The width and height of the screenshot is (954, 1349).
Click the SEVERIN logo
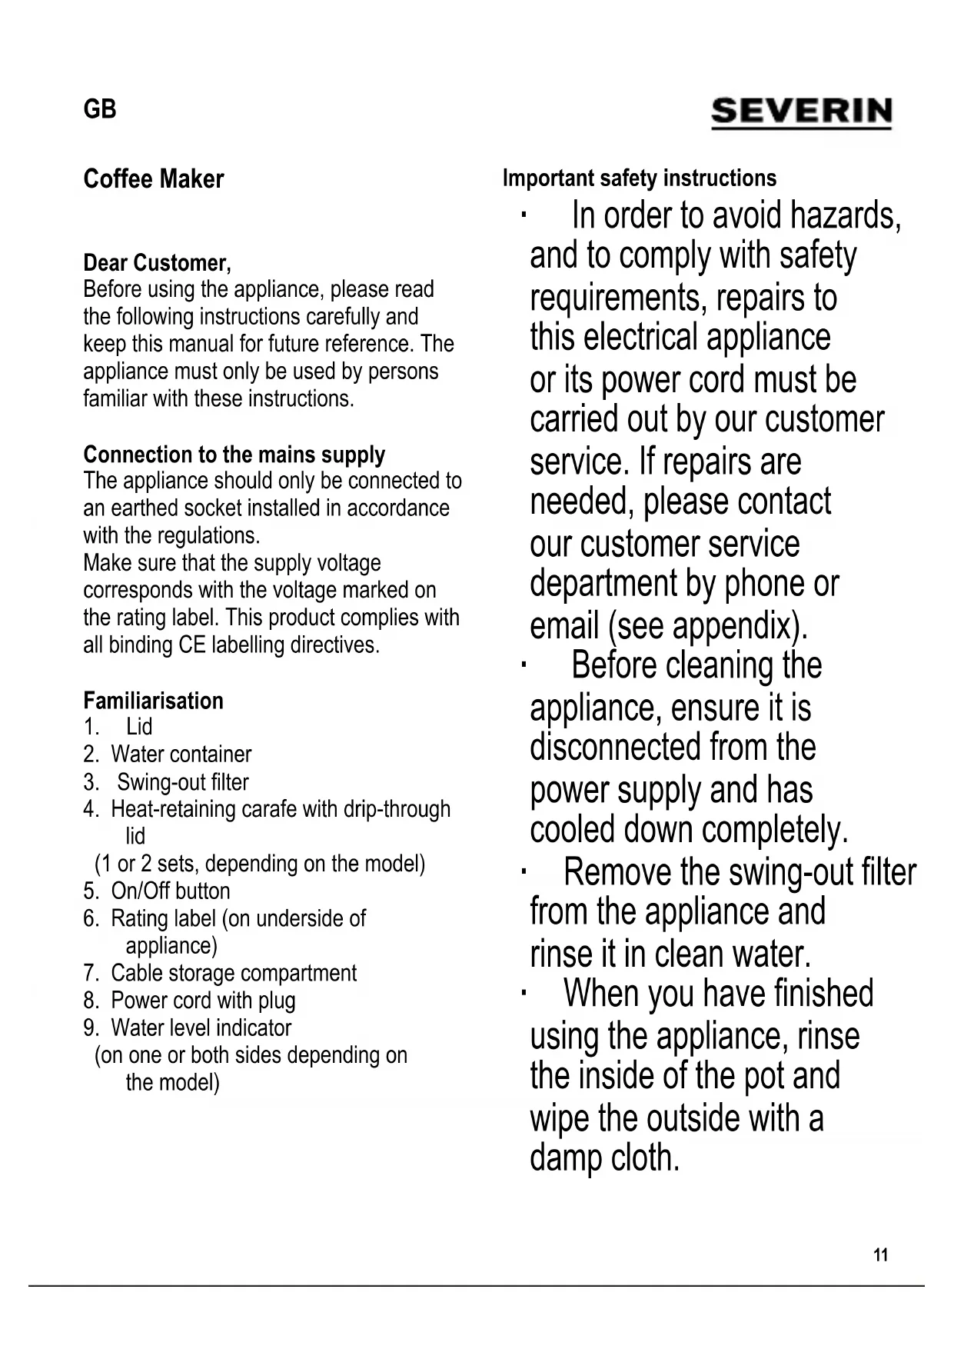click(801, 112)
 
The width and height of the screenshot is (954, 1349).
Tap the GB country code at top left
click(99, 109)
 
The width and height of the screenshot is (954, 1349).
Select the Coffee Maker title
click(153, 179)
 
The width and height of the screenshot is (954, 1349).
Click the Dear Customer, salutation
click(157, 263)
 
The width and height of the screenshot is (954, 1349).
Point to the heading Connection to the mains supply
click(234, 455)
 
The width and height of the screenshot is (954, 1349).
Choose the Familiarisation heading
click(153, 701)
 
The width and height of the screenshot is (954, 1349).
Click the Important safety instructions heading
click(639, 178)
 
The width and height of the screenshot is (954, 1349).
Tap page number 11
click(881, 1255)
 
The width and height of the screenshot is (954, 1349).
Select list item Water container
click(181, 754)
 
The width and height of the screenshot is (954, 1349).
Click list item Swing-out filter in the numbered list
click(182, 782)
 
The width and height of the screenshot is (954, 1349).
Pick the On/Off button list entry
click(170, 891)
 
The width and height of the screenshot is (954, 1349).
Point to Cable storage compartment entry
click(233, 974)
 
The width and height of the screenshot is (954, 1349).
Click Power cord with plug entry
click(203, 1001)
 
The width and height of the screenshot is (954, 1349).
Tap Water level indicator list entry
click(201, 1028)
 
